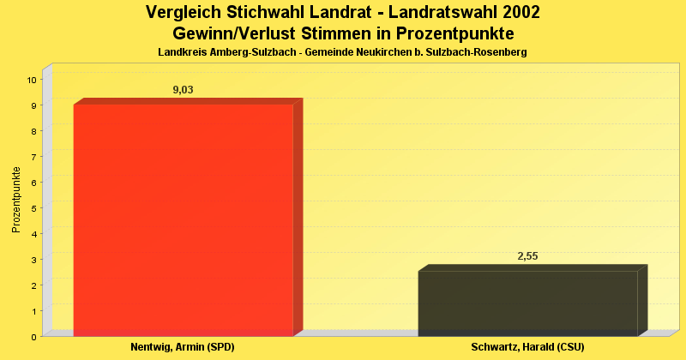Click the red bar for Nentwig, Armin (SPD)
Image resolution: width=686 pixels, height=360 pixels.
pos(184,219)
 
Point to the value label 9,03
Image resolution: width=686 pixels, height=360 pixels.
pos(184,90)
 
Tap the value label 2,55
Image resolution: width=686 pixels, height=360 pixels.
pos(527,256)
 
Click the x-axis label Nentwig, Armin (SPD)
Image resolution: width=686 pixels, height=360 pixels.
pos(183,347)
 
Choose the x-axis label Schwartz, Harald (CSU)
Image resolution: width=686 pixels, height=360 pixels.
pos(527,347)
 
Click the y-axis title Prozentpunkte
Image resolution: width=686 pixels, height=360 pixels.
pos(15,200)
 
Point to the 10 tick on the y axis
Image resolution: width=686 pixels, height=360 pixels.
pos(32,80)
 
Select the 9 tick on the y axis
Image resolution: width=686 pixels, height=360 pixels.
pos(34,105)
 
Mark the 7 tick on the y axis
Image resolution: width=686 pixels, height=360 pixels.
pos(34,157)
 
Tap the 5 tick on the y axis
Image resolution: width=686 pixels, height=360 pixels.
pos(34,208)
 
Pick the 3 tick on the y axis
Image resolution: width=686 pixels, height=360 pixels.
pos(34,260)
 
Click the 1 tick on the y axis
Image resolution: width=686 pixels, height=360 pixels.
pos(34,311)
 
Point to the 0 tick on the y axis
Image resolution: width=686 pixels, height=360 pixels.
pos(34,337)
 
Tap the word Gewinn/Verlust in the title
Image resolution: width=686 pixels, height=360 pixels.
pos(231,34)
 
